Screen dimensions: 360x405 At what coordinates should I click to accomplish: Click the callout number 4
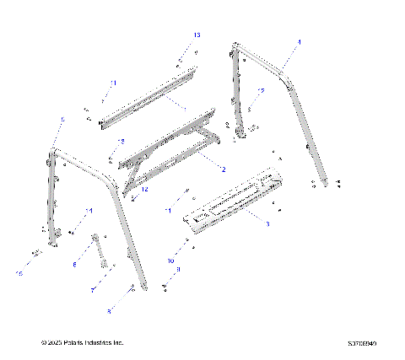point(298,40)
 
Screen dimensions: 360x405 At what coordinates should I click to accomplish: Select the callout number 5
point(62,121)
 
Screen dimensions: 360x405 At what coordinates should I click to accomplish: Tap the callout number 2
point(224,169)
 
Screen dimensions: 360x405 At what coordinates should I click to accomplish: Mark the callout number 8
point(108,311)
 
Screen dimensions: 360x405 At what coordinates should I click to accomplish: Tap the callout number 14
point(89,209)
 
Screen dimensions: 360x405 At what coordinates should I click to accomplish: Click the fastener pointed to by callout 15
point(36,252)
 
